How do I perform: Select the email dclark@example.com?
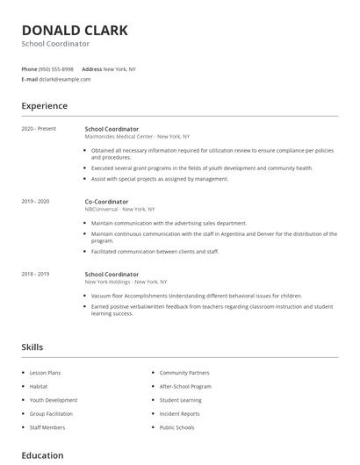coord(65,79)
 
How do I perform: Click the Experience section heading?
coord(45,106)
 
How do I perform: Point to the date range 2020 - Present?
coord(39,128)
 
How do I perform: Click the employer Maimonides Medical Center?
coord(119,136)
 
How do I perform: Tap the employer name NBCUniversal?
coord(101,209)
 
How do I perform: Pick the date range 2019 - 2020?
coord(36,201)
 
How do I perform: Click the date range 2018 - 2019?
coord(36,274)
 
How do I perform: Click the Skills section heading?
coord(32,347)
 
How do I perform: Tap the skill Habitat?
coord(39,387)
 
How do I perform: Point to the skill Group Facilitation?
coord(51,413)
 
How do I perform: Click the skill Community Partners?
coord(184,374)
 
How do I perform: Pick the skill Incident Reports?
coord(179,413)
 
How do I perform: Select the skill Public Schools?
coord(176,427)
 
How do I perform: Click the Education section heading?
coord(42,455)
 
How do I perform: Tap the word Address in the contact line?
coord(91,68)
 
